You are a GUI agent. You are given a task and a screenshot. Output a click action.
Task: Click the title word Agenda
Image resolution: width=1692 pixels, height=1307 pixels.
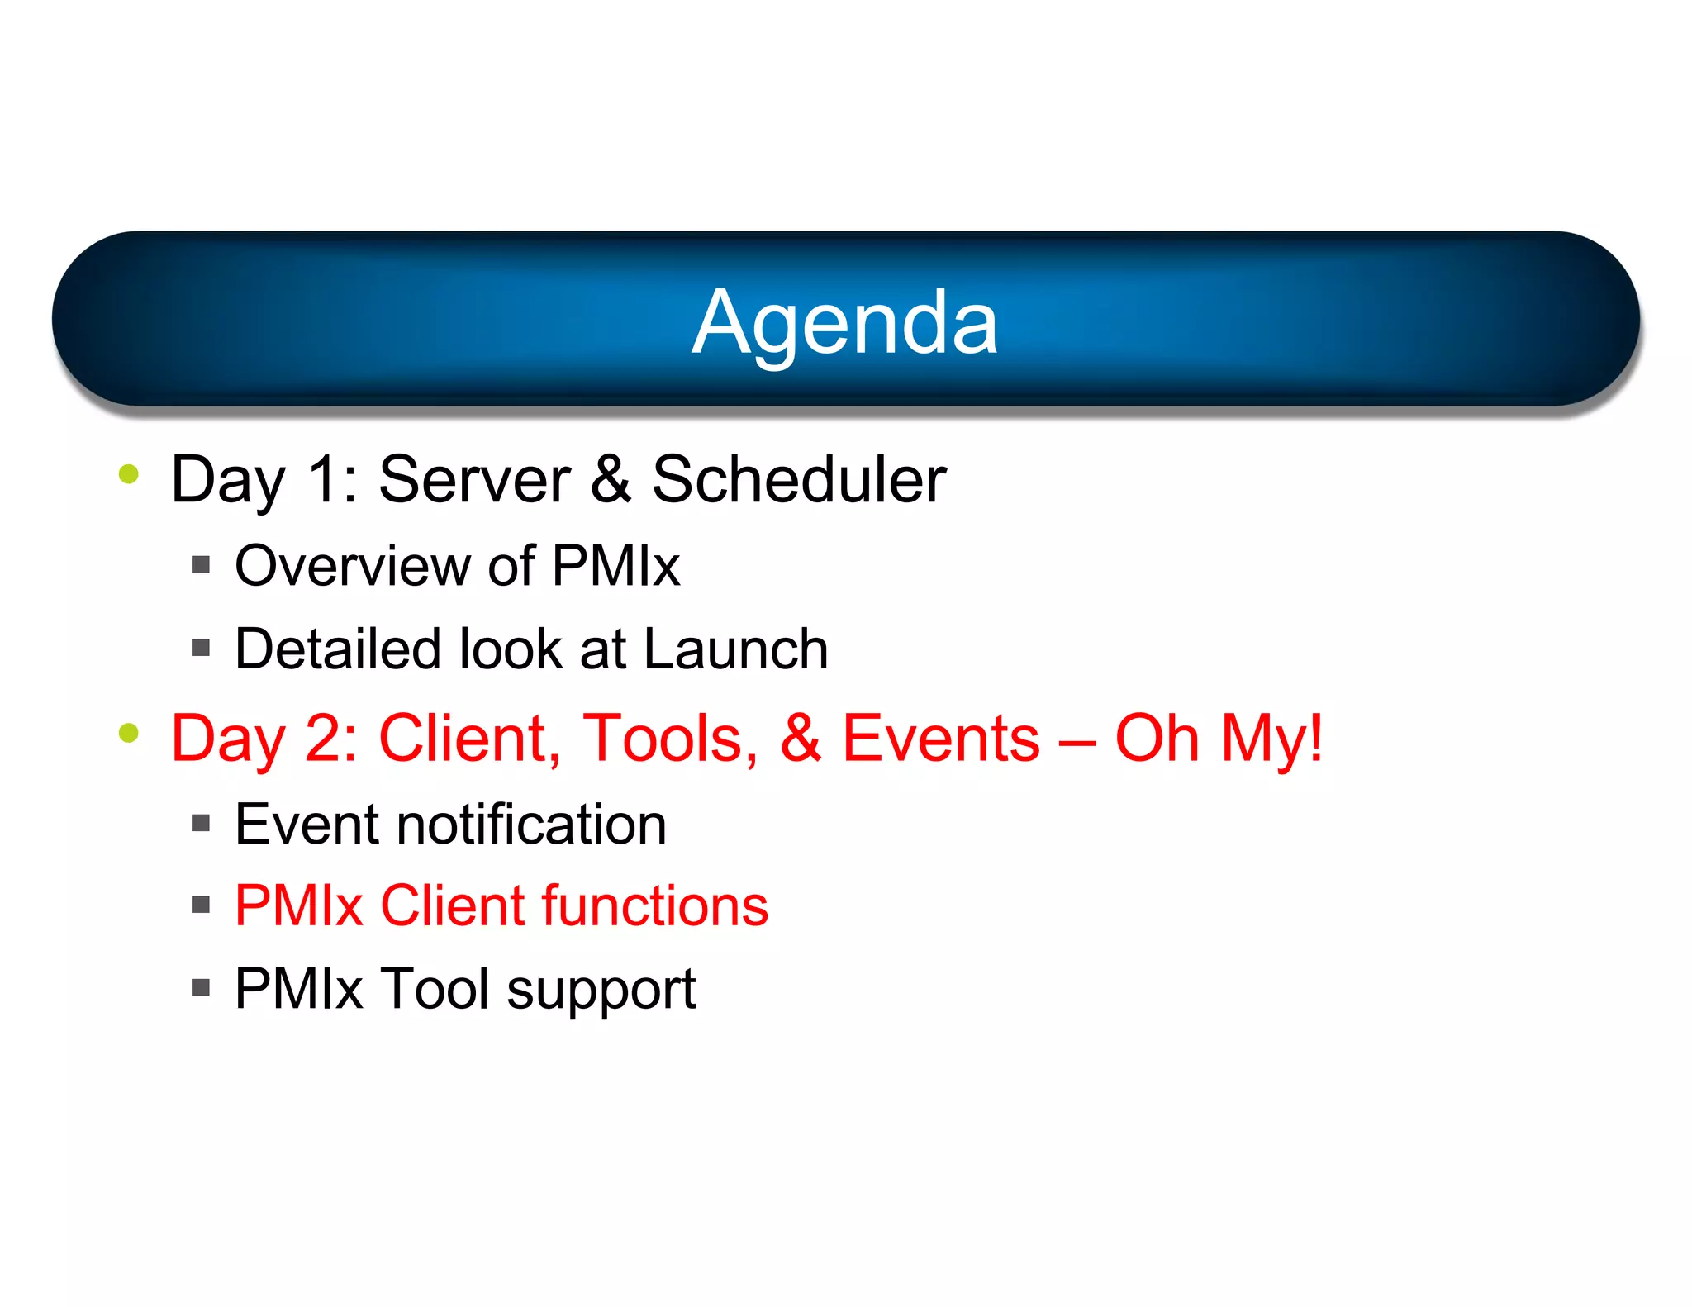pyautogui.click(x=844, y=323)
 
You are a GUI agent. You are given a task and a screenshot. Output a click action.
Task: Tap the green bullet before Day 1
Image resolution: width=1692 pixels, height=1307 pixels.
pyautogui.click(x=128, y=474)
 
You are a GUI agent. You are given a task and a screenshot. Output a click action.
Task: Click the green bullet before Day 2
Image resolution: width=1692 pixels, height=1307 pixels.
pyautogui.click(x=128, y=732)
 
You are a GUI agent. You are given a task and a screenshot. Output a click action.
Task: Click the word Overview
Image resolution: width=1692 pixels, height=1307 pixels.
pyautogui.click(x=352, y=567)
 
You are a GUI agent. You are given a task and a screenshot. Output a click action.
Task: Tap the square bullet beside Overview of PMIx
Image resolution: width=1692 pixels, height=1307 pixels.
pyautogui.click(x=201, y=565)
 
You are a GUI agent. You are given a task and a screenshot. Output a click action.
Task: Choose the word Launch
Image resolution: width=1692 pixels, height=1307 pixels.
pyautogui.click(x=735, y=649)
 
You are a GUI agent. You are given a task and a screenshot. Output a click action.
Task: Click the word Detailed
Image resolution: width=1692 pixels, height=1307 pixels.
pyautogui.click(x=337, y=649)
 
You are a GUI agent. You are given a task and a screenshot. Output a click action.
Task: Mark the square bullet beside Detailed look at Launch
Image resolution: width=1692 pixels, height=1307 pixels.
pyautogui.click(x=201, y=648)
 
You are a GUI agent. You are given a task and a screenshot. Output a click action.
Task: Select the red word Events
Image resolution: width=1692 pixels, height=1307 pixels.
pyautogui.click(x=940, y=738)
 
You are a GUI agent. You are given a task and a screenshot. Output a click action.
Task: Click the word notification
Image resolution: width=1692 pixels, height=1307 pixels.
pyautogui.click(x=531, y=825)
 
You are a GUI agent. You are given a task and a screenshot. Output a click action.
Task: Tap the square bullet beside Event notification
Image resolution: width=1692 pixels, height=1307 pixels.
pyautogui.click(x=201, y=823)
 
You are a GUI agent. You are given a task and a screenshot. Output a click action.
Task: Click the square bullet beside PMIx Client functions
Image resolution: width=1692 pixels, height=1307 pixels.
pyautogui.click(x=201, y=905)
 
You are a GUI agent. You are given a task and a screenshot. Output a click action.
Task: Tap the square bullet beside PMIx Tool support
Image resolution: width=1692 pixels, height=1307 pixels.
pyautogui.click(x=201, y=987)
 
